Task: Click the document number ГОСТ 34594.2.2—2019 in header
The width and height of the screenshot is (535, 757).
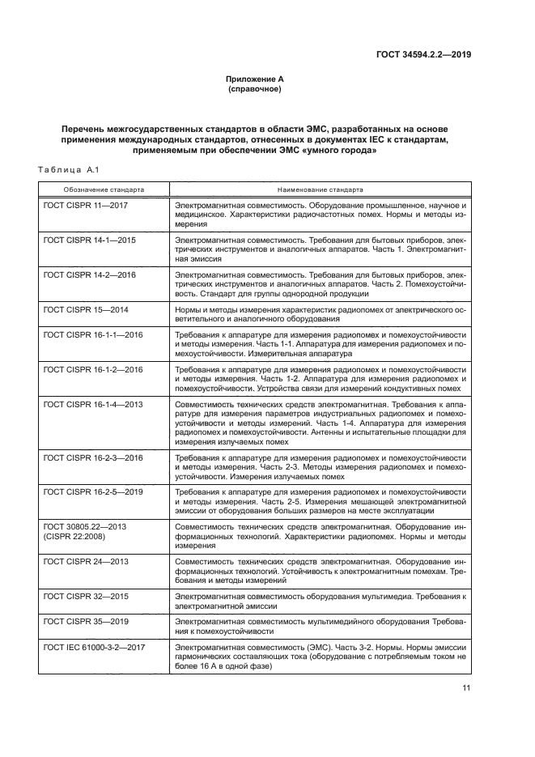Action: coord(424,56)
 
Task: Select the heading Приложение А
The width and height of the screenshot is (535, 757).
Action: coord(254,79)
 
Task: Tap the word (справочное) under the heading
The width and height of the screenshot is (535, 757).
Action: coord(254,89)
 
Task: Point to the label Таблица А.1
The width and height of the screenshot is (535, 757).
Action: coord(68,169)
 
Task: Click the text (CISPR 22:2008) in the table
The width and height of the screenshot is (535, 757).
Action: coord(74,537)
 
